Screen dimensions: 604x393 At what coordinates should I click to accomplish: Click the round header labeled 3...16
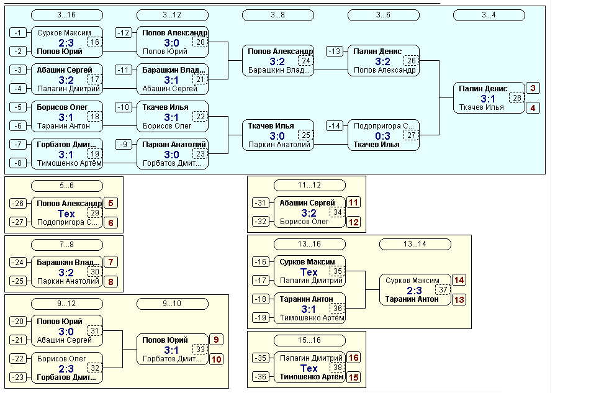[x=66, y=15]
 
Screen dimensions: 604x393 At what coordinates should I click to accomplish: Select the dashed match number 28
[x=517, y=98]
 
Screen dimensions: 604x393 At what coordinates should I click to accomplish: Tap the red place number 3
[x=533, y=88]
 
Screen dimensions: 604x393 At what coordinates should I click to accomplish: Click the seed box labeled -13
[x=335, y=52]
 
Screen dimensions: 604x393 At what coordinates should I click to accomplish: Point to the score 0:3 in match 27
[x=382, y=135]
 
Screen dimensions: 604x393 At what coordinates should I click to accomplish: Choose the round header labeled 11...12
[x=310, y=185]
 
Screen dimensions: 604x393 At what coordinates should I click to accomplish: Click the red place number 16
[x=354, y=358]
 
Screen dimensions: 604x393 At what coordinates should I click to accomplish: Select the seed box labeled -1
[x=18, y=33]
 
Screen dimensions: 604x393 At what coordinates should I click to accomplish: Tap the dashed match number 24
[x=306, y=60]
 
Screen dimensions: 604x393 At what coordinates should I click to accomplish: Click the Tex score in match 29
[x=66, y=214]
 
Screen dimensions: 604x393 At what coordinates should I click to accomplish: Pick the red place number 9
[x=216, y=340]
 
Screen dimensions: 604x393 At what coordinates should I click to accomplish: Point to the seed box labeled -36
[x=260, y=376]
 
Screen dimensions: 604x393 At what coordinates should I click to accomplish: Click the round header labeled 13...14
[x=415, y=244]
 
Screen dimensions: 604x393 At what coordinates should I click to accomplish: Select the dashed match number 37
[x=443, y=289]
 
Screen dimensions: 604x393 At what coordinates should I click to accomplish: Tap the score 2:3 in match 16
[x=66, y=43]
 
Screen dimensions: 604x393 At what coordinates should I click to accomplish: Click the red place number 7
[x=110, y=262]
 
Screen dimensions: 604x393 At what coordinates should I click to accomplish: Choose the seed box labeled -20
[x=18, y=322]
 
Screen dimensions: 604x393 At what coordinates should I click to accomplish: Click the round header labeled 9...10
[x=173, y=304]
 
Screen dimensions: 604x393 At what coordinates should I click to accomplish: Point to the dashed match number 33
[x=201, y=349]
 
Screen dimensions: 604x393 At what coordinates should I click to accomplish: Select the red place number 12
[x=354, y=222]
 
